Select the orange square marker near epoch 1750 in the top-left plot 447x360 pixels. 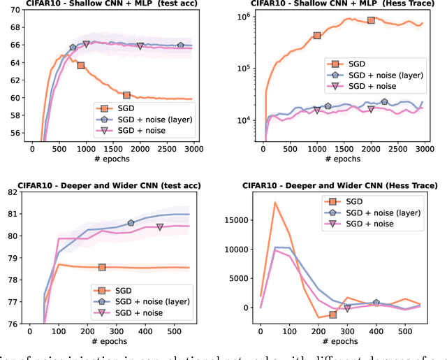126,95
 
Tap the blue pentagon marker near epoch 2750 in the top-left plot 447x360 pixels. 180,45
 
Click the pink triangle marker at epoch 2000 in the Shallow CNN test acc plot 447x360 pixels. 140,46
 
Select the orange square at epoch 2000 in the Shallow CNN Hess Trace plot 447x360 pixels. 371,20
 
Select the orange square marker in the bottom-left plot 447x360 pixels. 102,267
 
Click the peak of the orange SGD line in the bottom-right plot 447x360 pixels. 275,203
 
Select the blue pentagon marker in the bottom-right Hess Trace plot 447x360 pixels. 376,303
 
